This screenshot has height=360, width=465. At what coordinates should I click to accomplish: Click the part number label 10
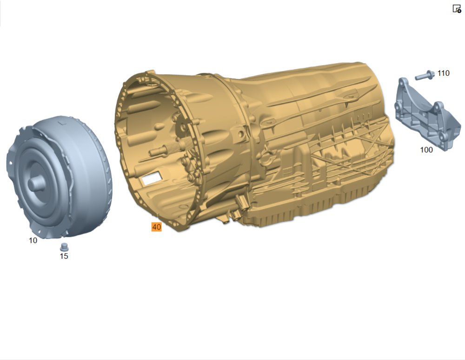(x=33, y=240)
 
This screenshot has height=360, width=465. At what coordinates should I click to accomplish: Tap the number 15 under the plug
(x=64, y=256)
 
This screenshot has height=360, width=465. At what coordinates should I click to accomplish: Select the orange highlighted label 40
(x=157, y=227)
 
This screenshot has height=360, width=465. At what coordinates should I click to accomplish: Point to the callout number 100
(x=426, y=150)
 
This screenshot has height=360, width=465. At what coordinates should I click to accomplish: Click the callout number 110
(x=443, y=73)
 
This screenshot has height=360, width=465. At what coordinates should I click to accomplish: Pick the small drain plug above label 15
(x=64, y=247)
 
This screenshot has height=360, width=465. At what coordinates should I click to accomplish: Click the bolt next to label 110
(x=425, y=75)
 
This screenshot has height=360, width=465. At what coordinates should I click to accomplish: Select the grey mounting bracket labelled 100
(x=427, y=114)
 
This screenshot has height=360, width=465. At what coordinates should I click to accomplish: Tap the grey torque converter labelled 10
(x=60, y=177)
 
